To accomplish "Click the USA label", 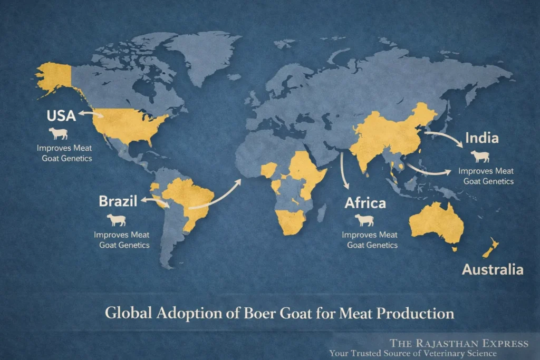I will coord(61,115).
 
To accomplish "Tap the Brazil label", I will coord(118,201).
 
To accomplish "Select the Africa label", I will coord(365,203).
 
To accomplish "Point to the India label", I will coord(482,139).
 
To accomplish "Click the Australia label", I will coord(493,269).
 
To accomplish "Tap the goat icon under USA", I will coord(58,133).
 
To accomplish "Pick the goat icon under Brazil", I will coord(117,219).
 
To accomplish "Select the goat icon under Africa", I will coord(364,220).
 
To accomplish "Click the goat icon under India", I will coord(480,157).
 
